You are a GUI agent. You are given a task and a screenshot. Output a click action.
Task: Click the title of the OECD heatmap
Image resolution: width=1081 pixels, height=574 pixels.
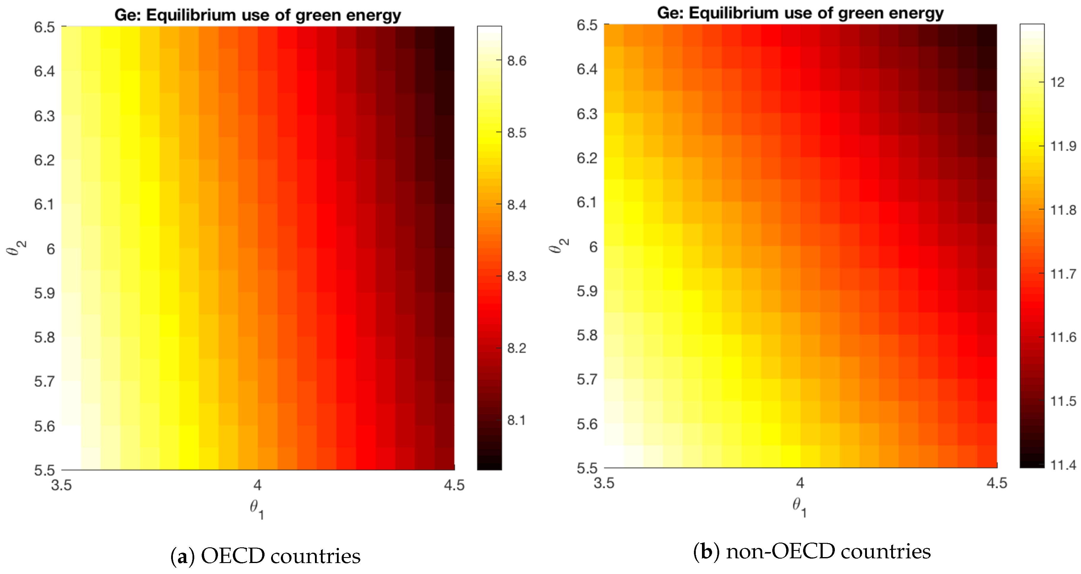[258, 15]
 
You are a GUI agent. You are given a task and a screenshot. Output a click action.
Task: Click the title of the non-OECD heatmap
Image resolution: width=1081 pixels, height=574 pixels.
[800, 13]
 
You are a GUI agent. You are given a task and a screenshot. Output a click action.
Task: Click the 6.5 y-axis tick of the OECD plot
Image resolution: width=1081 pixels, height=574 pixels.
[44, 27]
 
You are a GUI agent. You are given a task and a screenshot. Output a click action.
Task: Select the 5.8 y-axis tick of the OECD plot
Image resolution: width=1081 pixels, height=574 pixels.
[44, 337]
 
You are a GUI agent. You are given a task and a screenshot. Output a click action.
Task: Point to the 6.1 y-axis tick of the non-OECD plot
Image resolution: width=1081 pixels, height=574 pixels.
[587, 202]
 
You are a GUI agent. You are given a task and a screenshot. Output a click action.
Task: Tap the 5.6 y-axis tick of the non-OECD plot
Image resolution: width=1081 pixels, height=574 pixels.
[587, 424]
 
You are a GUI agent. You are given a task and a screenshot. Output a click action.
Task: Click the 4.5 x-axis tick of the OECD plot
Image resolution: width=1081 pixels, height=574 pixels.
[454, 485]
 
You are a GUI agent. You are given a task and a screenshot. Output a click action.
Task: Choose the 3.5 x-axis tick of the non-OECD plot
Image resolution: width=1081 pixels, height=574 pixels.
[604, 483]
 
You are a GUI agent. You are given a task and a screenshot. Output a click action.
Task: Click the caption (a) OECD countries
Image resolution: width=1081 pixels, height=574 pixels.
[265, 556]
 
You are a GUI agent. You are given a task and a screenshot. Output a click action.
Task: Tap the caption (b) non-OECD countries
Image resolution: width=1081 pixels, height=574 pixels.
[812, 551]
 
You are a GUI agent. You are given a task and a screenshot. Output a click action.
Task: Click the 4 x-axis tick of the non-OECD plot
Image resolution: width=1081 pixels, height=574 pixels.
[800, 483]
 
